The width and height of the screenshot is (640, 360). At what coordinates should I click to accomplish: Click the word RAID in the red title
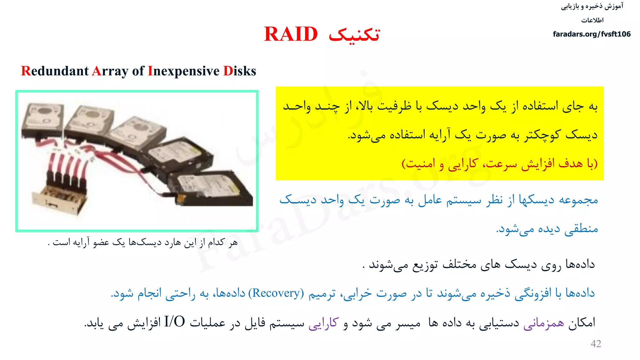pyautogui.click(x=291, y=34)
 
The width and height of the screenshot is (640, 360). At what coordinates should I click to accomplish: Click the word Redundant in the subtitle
pyautogui.click(x=55, y=71)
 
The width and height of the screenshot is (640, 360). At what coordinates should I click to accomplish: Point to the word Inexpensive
pyautogui.click(x=184, y=72)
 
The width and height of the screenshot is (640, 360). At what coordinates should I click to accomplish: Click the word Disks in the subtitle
pyautogui.click(x=240, y=71)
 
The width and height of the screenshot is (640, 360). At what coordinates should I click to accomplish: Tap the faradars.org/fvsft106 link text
pyautogui.click(x=592, y=34)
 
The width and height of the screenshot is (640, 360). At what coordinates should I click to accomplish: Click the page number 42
pyautogui.click(x=596, y=344)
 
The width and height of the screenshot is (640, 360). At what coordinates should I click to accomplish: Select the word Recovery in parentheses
pyautogui.click(x=276, y=293)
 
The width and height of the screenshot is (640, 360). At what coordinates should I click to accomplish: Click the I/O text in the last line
pyautogui.click(x=175, y=322)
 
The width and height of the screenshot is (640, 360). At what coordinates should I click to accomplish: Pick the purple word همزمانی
pyautogui.click(x=544, y=323)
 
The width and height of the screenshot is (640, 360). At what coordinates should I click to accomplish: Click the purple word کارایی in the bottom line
pyautogui.click(x=323, y=323)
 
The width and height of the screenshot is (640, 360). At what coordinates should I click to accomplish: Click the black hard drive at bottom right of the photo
pyautogui.click(x=209, y=189)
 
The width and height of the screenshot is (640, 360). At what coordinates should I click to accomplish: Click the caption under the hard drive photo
pyautogui.click(x=143, y=242)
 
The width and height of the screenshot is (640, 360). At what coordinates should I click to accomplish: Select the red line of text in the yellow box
pyautogui.click(x=499, y=163)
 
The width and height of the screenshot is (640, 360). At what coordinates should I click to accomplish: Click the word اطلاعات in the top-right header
pyautogui.click(x=592, y=20)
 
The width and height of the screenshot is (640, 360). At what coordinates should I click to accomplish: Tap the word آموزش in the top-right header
pyautogui.click(x=614, y=6)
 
